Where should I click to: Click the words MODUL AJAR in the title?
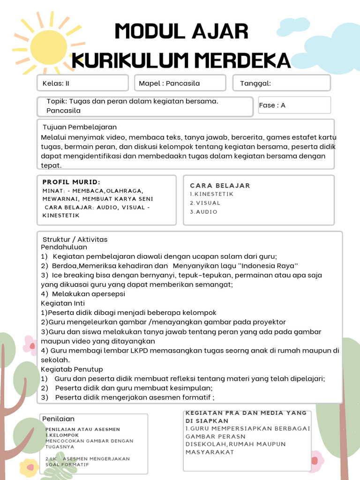tap(181, 32)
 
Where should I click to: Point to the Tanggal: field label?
tap(255, 83)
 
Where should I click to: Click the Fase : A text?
tap(272, 105)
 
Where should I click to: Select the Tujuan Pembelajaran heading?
tap(80, 127)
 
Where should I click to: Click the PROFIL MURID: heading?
tap(71, 182)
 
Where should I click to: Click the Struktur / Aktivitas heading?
tap(75, 240)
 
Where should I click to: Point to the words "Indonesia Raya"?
tap(266, 266)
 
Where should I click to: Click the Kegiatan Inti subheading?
tap(63, 303)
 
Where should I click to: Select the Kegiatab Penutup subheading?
tap(72, 369)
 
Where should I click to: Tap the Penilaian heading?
tap(59, 419)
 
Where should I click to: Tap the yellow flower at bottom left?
tap(29, 467)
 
